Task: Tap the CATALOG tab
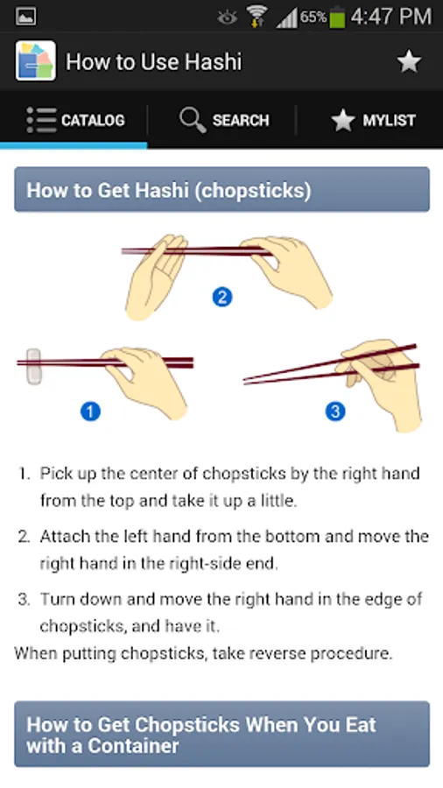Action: click(x=75, y=120)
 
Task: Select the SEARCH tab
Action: click(x=224, y=120)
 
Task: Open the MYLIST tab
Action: click(x=373, y=120)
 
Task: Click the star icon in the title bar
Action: click(x=409, y=62)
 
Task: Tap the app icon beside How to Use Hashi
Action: click(x=36, y=60)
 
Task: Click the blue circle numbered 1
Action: click(x=90, y=412)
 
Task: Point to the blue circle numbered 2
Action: click(x=222, y=297)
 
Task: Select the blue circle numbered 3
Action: click(x=335, y=412)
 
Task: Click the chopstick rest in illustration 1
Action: click(x=33, y=366)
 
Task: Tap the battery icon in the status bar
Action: click(x=338, y=18)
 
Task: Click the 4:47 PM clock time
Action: click(x=390, y=18)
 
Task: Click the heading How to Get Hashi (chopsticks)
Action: click(x=169, y=191)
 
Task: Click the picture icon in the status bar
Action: click(x=25, y=18)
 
